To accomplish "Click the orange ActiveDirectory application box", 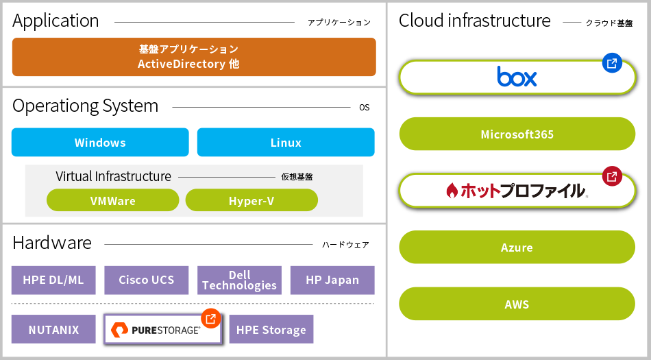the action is tap(194, 57).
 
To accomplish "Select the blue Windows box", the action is tap(100, 143).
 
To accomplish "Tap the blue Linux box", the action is tap(286, 143).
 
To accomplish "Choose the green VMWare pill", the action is tap(113, 200).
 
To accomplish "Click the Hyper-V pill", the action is tap(251, 200).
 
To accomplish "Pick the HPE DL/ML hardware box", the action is tap(53, 280).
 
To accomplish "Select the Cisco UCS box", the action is tap(147, 280).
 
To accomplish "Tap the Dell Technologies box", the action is tap(240, 280).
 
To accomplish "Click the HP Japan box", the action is tap(332, 280).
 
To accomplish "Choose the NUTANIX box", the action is tap(53, 329).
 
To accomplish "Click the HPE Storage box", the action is tap(271, 329).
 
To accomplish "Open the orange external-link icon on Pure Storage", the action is tap(211, 318).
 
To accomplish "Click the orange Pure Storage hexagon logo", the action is tap(119, 330).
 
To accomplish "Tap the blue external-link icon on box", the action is tap(612, 63).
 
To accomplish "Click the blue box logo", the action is tap(517, 76).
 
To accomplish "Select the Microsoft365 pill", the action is tap(517, 134).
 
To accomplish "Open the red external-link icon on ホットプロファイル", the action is tap(612, 176).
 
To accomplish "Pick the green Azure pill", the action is tap(517, 247).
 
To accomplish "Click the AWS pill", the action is tap(517, 304).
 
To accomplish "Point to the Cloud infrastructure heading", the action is tap(475, 21).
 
